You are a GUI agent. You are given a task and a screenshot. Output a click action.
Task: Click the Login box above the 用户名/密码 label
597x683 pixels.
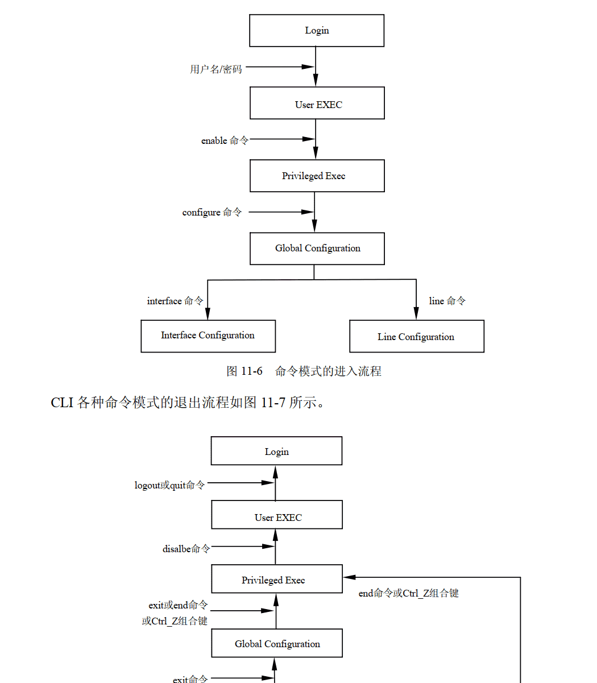tap(317, 31)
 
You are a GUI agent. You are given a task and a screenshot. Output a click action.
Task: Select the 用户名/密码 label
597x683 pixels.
tap(216, 69)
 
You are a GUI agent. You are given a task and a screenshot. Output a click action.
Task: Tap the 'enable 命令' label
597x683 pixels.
tap(225, 140)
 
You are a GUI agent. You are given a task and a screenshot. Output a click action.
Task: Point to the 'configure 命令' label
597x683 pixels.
tap(212, 212)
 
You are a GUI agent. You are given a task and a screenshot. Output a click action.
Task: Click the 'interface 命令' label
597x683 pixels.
tap(175, 301)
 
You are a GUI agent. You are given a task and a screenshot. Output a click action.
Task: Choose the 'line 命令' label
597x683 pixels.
tap(447, 301)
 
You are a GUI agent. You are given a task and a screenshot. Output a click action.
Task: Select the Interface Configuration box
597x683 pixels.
tap(208, 336)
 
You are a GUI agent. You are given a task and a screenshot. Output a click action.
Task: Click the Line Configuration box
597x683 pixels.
tap(416, 337)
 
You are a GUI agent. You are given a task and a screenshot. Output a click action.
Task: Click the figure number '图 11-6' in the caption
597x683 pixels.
tap(244, 371)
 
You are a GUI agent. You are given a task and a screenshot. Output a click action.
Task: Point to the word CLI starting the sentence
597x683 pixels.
tap(62, 403)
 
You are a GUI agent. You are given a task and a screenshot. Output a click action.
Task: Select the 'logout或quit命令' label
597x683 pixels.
tap(169, 485)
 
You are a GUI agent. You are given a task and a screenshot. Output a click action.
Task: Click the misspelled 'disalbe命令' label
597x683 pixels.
tap(186, 549)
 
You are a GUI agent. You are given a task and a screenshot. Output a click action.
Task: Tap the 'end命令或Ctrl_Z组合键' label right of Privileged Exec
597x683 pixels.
tap(408, 593)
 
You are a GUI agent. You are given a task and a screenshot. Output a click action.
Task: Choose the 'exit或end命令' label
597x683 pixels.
tap(178, 605)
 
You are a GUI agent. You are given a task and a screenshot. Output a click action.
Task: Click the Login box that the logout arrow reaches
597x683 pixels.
tap(276, 452)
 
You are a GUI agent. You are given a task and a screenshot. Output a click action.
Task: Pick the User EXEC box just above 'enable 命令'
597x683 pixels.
tap(317, 104)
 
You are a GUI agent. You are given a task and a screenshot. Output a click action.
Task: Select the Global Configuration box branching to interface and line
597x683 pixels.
tap(317, 249)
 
